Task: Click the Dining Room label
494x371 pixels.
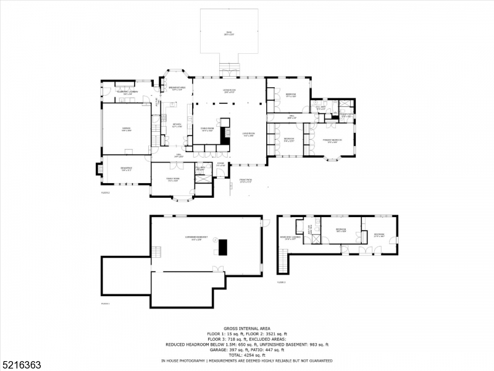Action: point(207,129)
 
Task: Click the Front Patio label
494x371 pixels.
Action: point(247,181)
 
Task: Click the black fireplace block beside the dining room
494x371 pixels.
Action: point(225,136)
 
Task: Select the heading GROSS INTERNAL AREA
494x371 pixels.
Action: point(246,329)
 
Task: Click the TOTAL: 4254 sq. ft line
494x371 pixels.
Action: point(246,355)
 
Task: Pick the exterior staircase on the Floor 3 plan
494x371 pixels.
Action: point(283,260)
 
